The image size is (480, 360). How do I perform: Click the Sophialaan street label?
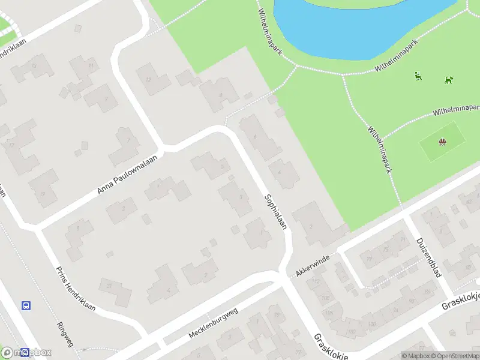point(276,212)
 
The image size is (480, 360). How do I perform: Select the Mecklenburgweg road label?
point(214,322)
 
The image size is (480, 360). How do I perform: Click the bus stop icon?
point(26,305)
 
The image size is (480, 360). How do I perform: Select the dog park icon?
point(449,79)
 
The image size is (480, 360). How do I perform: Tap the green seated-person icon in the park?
point(418,76)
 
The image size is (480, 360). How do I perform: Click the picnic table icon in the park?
point(442,142)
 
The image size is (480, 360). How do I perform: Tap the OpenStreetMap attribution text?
point(454,356)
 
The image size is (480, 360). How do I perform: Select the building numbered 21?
point(114,291)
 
